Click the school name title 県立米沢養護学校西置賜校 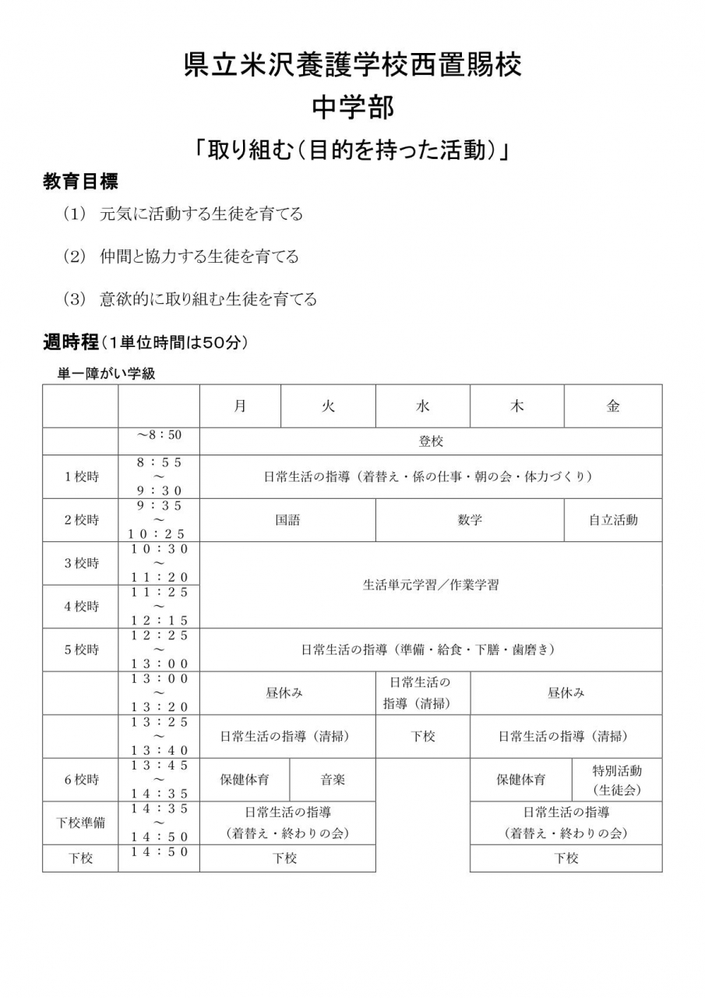click(x=352, y=65)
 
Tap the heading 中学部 click(x=352, y=107)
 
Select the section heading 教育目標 click(x=80, y=182)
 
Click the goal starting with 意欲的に click(x=208, y=299)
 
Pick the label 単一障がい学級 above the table click(x=107, y=373)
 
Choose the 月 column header click(x=240, y=405)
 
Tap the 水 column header click(x=422, y=405)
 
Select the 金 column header click(x=613, y=405)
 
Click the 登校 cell click(x=431, y=441)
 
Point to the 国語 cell click(x=287, y=520)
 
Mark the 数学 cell click(x=470, y=520)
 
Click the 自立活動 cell click(x=613, y=520)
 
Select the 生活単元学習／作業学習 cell click(x=431, y=585)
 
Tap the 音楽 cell click(x=333, y=779)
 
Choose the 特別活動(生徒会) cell click(x=617, y=780)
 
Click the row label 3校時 click(x=81, y=563)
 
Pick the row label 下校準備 click(x=81, y=823)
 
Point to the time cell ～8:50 click(x=159, y=434)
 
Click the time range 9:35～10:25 click(x=159, y=519)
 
